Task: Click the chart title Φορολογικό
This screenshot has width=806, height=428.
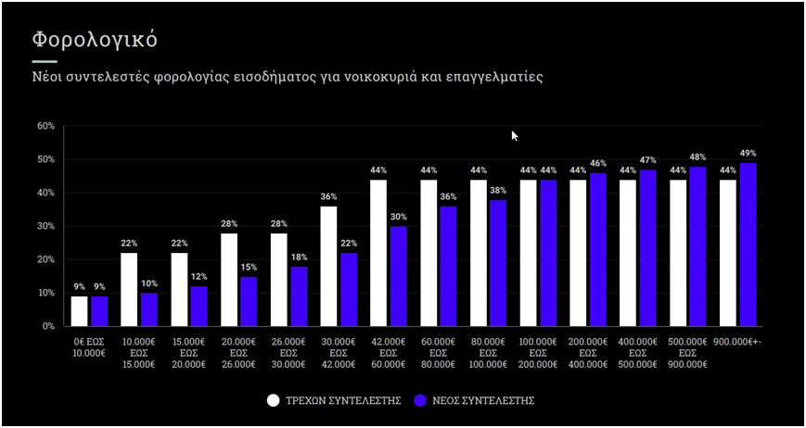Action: coord(95,40)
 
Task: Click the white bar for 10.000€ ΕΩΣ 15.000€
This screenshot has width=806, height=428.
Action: coord(129,289)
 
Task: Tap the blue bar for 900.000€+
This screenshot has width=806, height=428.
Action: coord(748,245)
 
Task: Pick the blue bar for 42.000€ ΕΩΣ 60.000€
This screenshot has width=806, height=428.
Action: coord(399,276)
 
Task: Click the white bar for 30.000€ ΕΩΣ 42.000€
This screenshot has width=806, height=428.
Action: coord(329,266)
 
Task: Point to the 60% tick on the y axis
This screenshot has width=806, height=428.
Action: coord(45,126)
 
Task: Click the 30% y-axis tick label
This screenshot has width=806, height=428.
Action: coord(45,226)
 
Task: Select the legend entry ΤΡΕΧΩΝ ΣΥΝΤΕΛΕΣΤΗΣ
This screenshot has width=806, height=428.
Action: coord(334,401)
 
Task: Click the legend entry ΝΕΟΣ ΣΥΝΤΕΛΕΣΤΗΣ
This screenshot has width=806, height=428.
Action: coord(474,401)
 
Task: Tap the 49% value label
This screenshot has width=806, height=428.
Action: coord(748,154)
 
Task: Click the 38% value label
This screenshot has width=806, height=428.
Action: coord(499,191)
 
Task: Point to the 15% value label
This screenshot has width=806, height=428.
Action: coord(249,268)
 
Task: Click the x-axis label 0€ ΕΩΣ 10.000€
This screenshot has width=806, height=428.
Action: coord(90,346)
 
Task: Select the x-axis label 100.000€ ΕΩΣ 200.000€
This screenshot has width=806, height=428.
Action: coord(539,352)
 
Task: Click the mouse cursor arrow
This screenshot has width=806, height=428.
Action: coord(514,135)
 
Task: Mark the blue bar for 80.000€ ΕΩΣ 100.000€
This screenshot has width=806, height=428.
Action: coord(499,263)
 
